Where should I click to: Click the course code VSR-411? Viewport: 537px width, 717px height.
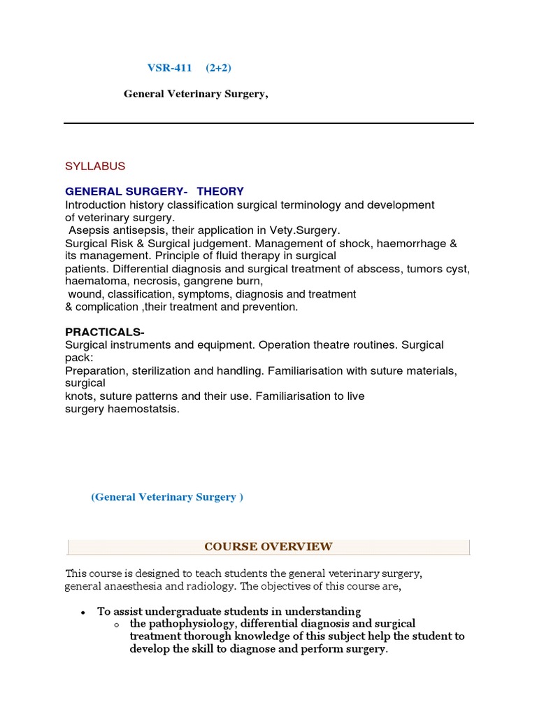(169, 68)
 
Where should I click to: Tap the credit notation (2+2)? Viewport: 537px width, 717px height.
(218, 68)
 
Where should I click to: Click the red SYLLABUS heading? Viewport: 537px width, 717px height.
(95, 166)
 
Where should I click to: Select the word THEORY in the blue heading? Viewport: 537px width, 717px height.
(220, 191)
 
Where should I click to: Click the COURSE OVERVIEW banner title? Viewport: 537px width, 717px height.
(268, 546)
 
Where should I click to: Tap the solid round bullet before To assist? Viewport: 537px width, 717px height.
(83, 612)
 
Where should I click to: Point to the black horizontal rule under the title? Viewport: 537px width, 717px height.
(268, 123)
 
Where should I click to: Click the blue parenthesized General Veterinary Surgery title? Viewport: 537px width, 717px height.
(167, 497)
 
